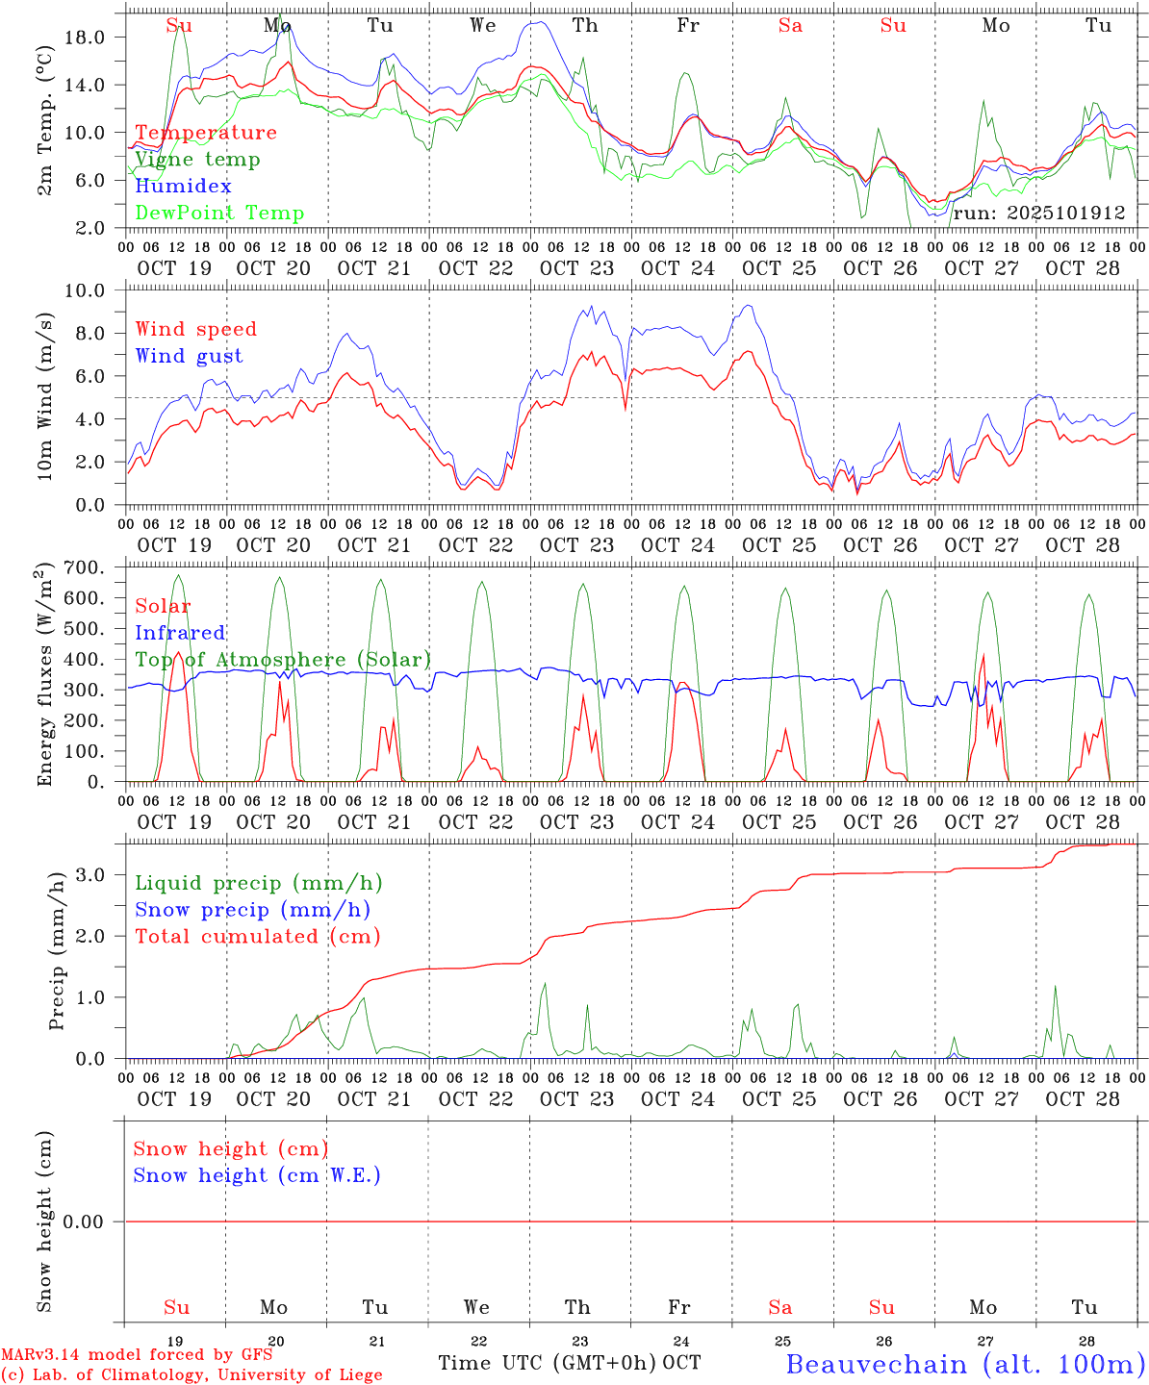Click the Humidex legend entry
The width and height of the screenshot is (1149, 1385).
click(183, 187)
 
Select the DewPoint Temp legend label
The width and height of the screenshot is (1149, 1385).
click(219, 214)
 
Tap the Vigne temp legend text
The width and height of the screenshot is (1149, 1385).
click(197, 160)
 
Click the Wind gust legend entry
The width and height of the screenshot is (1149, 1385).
click(189, 356)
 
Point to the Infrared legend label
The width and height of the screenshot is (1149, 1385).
click(180, 633)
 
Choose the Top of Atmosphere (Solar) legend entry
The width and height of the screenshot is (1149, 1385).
click(282, 660)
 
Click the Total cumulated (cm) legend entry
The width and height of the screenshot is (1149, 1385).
click(257, 937)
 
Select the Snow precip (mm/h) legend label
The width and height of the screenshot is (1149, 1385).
click(252, 910)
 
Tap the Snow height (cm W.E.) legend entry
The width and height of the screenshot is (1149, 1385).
click(256, 1175)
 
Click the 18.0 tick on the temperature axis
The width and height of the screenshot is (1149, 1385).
click(96, 37)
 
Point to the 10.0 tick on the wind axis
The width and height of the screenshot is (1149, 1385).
click(96, 290)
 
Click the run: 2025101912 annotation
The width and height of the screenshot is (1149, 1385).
click(1038, 214)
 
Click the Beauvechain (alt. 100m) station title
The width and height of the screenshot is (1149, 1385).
click(965, 1364)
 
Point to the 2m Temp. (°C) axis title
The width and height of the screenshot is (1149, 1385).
click(45, 121)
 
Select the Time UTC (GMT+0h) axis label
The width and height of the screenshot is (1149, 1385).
click(547, 1363)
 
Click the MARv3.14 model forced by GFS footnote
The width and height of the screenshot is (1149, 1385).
click(137, 1355)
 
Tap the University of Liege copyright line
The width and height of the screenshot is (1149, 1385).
click(191, 1375)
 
